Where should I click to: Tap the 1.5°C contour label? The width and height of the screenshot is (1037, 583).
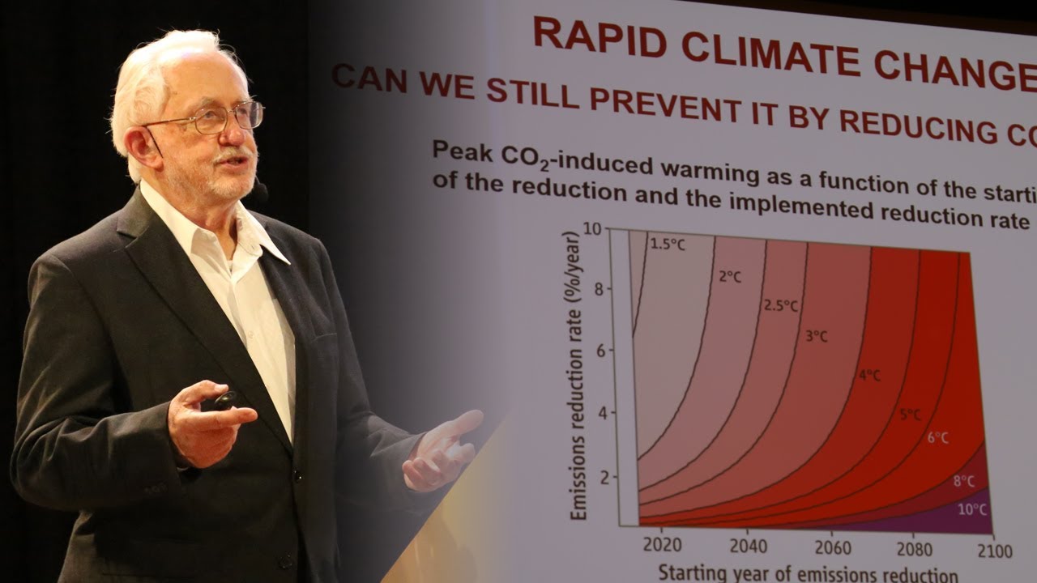[x=668, y=244]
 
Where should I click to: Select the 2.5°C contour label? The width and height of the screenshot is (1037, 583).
[x=781, y=306]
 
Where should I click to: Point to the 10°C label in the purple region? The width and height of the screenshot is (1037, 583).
[x=972, y=509]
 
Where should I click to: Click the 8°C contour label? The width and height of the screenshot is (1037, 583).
[x=964, y=481]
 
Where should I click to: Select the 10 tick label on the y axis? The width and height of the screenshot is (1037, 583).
[x=592, y=229]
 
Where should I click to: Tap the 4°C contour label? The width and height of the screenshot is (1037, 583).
[x=868, y=375]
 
